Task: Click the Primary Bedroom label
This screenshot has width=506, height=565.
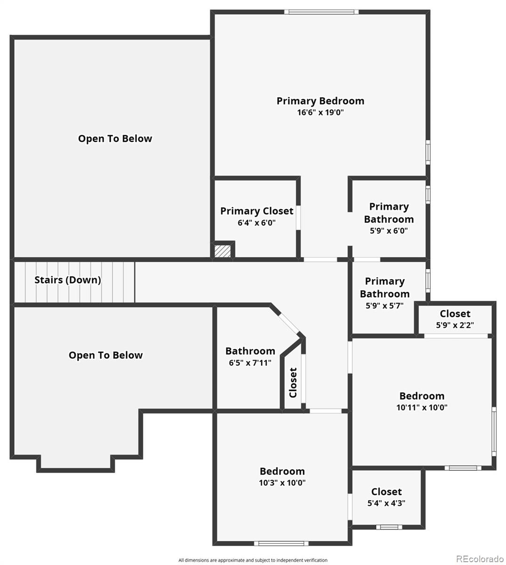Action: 320,101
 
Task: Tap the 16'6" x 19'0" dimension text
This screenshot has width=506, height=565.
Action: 320,113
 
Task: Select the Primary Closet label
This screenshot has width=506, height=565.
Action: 257,211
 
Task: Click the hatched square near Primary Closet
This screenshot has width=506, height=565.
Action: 223,250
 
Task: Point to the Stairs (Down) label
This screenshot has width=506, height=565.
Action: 68,280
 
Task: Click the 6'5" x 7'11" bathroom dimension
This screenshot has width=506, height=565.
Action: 250,363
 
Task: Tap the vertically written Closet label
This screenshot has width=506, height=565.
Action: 293,382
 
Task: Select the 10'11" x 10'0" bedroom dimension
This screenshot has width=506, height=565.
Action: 422,408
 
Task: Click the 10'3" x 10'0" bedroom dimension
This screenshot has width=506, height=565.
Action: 282,483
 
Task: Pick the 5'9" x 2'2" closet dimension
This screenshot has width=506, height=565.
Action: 455,325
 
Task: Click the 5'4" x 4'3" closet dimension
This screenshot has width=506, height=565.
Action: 386,503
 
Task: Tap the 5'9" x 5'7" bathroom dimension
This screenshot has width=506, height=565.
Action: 385,305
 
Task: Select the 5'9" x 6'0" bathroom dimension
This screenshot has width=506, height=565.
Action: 388,231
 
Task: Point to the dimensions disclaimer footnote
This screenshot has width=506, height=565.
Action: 253,560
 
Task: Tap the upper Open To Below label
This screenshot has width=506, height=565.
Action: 115,138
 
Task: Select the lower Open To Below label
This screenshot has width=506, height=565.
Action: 105,355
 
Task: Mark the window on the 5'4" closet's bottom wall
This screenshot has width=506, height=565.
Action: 389,527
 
